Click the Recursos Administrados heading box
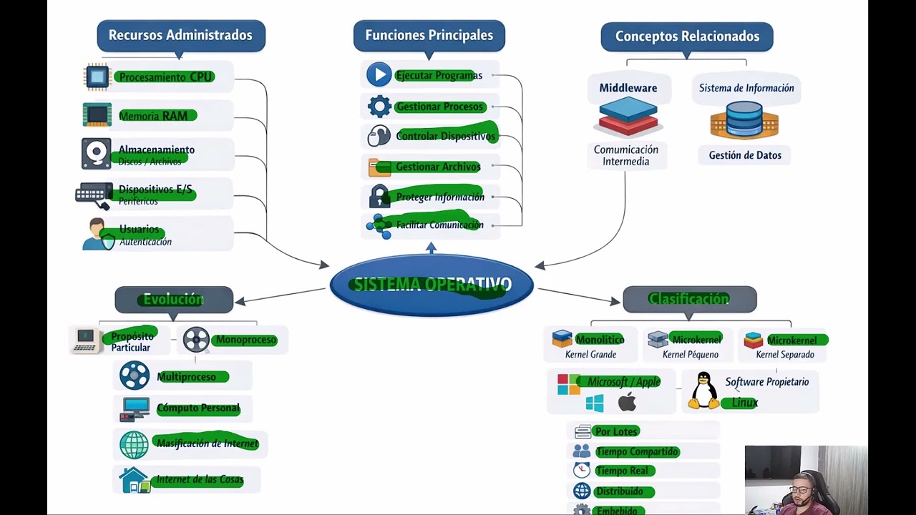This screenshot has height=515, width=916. [x=180, y=35]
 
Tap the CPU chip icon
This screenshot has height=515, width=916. [x=97, y=77]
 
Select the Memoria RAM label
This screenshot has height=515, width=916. [x=153, y=116]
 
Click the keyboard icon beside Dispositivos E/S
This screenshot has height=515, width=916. [x=94, y=195]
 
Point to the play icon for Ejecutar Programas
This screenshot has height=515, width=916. [x=379, y=74]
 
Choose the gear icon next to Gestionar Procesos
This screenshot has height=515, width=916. [x=379, y=107]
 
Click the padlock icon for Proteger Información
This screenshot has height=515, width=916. [x=379, y=197]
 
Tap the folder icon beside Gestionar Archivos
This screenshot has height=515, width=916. [x=379, y=167]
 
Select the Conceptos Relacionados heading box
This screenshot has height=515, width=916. [x=686, y=36]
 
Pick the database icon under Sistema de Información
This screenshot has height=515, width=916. [x=744, y=119]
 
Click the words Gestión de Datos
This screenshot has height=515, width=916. [x=745, y=155]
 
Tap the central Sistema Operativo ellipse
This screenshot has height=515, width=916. [x=432, y=285]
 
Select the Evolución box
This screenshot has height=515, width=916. [x=174, y=300]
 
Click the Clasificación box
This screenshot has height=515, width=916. [x=689, y=299]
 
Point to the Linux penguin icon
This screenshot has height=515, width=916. [x=703, y=391]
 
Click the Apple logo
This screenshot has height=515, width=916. [x=628, y=402]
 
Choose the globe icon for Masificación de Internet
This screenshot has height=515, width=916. [x=134, y=444]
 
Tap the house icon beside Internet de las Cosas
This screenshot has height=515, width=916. [x=135, y=480]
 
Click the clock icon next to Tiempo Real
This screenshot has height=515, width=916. [x=582, y=470]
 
